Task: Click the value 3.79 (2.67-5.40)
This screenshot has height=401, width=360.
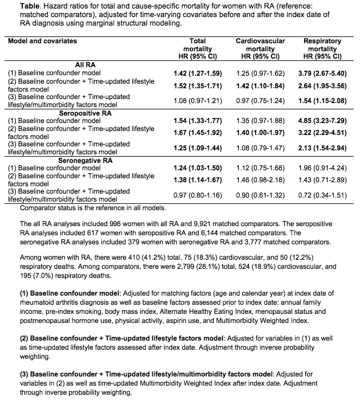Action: (322, 73)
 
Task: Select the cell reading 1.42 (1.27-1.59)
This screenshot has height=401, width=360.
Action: (197, 73)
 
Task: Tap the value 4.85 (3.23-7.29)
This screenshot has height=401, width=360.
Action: (322, 121)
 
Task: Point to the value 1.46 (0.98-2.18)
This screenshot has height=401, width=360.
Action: (260, 179)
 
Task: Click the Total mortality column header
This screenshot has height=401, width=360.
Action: (197, 49)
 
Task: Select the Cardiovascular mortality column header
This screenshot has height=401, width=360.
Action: (260, 49)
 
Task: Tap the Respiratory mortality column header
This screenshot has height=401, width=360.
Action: (322, 49)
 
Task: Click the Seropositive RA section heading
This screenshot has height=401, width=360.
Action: (85, 113)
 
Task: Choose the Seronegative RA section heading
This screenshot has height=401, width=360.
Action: (85, 160)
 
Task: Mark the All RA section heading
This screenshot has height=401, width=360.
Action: (85, 65)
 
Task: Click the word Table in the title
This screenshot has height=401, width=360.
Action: (18, 5)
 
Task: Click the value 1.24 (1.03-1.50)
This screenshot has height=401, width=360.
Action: (197, 168)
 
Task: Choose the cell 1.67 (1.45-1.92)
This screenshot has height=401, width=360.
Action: (197, 132)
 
